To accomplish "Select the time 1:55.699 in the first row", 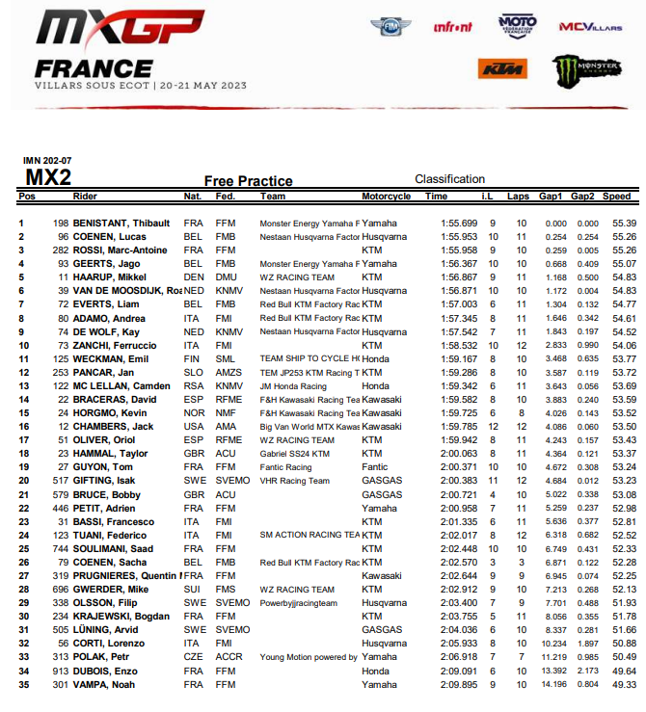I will point(458,224).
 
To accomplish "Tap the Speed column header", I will point(617,197).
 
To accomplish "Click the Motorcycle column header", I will point(386,197).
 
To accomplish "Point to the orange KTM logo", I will point(503,69).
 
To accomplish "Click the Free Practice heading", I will point(248,181).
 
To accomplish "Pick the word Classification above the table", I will point(449,179).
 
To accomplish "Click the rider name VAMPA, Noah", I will point(105,685).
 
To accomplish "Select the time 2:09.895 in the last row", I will point(458,685).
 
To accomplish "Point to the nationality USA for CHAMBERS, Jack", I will point(193,426).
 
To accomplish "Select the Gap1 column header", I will point(551,197).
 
